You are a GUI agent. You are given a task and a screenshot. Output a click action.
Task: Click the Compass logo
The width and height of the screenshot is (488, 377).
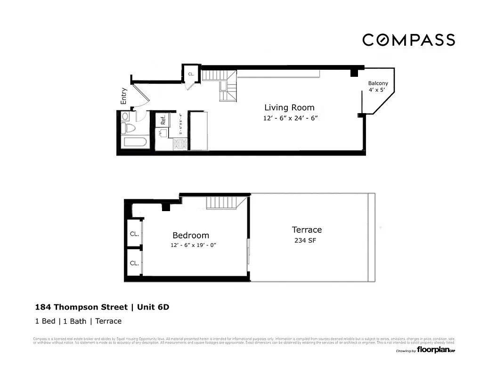click(x=408, y=40)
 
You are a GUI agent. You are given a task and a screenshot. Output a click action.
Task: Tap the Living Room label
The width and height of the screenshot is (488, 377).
click(x=289, y=107)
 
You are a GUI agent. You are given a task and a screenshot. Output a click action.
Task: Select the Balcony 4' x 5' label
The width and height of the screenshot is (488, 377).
click(x=378, y=86)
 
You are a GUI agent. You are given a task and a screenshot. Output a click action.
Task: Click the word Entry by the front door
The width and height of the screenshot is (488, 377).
click(x=124, y=96)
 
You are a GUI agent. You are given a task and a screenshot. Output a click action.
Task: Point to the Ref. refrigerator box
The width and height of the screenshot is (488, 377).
click(x=163, y=120)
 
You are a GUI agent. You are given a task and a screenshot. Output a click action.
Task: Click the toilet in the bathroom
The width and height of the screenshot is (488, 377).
click(x=129, y=128)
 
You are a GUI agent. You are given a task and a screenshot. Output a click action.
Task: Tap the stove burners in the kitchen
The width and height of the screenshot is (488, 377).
click(x=180, y=144)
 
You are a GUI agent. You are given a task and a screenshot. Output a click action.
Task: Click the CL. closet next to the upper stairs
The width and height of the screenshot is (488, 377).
click(x=191, y=74)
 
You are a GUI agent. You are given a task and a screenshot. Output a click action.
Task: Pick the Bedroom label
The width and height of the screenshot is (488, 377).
click(x=190, y=236)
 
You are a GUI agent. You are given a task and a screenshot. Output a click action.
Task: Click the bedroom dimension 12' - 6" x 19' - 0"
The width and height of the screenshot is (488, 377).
click(x=194, y=246)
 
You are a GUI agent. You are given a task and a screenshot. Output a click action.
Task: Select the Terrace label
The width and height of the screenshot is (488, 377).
click(x=307, y=230)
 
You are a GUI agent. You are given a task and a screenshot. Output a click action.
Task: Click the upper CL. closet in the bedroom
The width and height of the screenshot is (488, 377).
click(x=134, y=234)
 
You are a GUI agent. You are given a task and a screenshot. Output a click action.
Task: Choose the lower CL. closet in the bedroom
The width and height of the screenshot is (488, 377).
click(x=134, y=263)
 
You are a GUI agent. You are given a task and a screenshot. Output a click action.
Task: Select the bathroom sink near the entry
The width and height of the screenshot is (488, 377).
click(x=125, y=116)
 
